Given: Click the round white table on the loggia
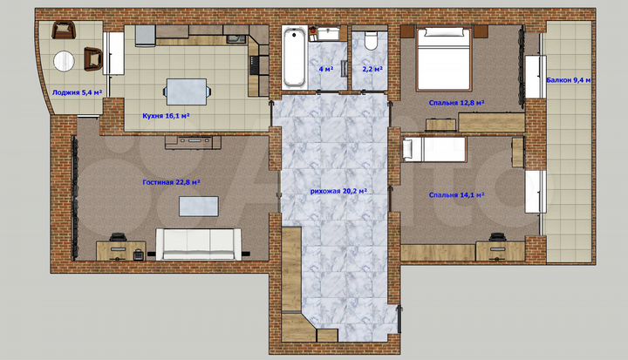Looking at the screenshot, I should [64, 61].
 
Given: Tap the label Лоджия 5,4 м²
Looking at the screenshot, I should [77, 91].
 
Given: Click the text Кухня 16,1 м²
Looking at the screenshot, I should [166, 114].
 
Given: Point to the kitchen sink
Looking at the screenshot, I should [235, 38].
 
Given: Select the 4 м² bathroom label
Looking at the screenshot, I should [325, 68].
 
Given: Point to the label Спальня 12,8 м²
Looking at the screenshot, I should [456, 102].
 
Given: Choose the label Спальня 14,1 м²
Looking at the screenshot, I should [456, 195].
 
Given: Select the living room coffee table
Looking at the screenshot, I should [198, 205].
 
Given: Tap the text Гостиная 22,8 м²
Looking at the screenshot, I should [172, 182].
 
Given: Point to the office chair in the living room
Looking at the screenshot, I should [139, 254].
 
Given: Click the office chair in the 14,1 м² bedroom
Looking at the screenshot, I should [498, 237].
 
